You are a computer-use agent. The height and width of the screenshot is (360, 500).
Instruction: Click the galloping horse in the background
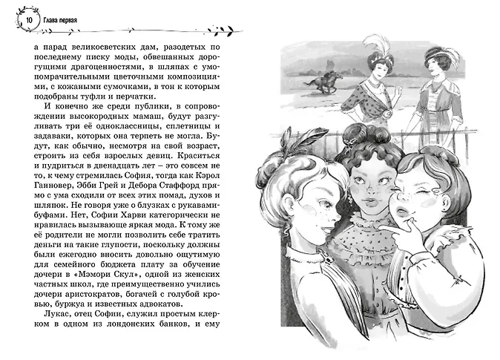coord(317,81)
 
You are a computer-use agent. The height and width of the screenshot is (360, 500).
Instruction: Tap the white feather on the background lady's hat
coord(371,47)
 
